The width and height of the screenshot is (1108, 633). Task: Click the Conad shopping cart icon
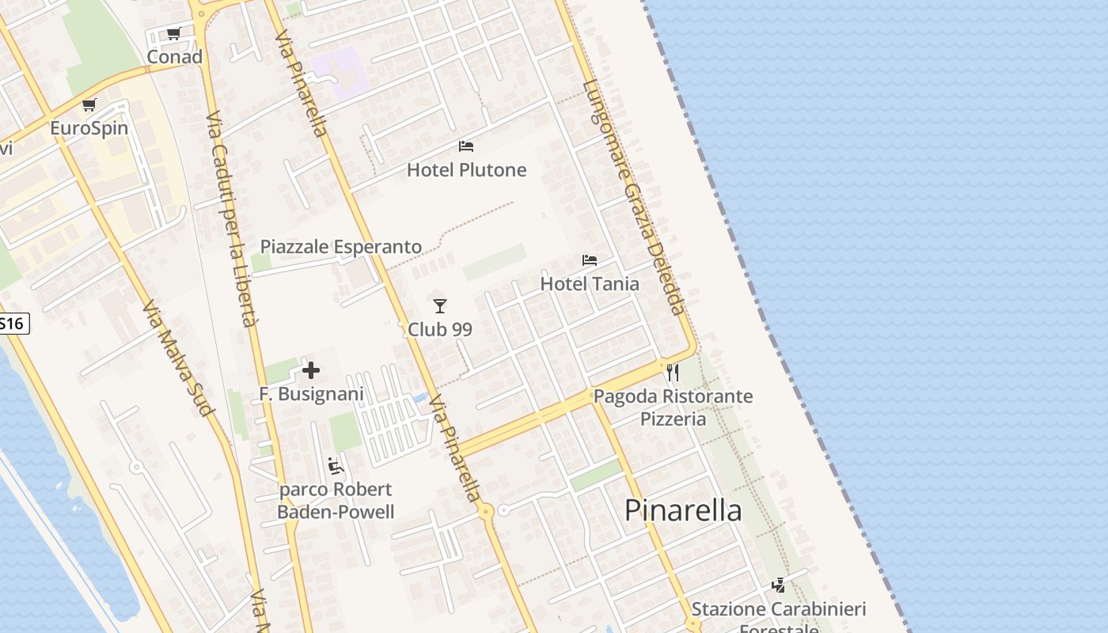174,33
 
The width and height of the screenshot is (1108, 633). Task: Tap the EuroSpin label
89,128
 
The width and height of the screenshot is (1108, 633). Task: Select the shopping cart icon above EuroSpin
89,104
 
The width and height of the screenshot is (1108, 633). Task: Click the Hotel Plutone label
466,170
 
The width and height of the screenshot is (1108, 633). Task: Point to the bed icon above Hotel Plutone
466,146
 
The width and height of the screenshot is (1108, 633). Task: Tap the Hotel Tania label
590,283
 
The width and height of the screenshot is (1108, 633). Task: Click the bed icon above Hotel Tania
590,260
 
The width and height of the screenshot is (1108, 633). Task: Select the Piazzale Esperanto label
341,247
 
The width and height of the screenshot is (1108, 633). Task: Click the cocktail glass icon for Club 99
440,305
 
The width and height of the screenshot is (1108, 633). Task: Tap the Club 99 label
440,329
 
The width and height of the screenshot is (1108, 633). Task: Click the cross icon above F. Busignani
311,370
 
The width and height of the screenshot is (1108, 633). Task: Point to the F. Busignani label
311,394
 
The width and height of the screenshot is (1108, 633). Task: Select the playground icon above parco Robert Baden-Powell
336,466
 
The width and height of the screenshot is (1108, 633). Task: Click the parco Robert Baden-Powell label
336,501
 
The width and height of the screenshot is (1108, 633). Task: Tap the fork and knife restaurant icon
673,372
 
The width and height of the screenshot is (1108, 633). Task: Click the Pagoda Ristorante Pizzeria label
673,407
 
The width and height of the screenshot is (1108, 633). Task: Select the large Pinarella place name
683,510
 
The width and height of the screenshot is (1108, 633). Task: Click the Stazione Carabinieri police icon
779,586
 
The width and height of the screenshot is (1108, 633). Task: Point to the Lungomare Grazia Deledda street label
633,198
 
